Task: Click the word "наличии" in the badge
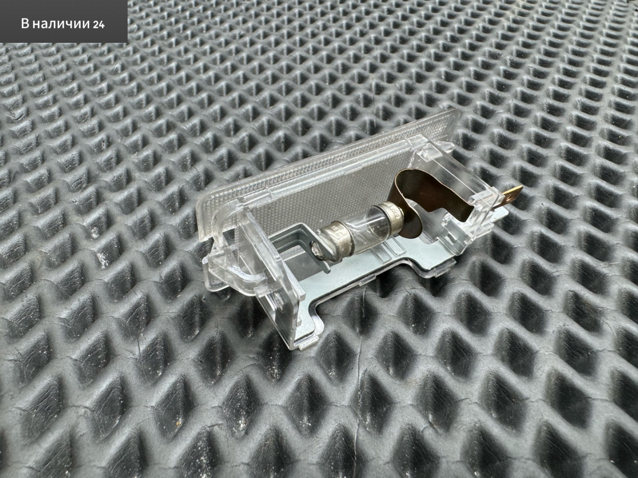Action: (60, 24)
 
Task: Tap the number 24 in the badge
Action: (99, 25)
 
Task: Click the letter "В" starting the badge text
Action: (25, 24)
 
